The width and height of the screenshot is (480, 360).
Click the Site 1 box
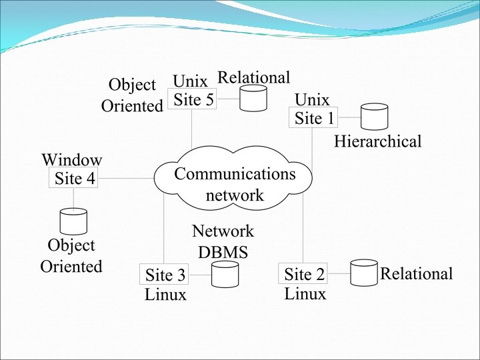pos(315,118)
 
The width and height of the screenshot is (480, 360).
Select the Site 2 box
pos(303,274)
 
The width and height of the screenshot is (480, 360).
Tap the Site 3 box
pos(165,275)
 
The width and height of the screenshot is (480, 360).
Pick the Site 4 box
pos(74,179)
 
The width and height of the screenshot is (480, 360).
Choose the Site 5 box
pos(193,100)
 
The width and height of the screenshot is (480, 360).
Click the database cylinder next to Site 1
pos(374,116)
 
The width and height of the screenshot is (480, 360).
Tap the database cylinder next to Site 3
pos(225,274)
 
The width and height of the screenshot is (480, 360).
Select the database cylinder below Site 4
pos(73,221)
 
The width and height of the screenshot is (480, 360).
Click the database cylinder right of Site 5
pos(253,98)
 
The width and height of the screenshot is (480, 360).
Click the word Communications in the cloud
pos(235,174)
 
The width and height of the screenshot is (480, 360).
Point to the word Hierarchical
pos(377,141)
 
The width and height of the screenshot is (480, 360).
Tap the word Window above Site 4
pos(71,160)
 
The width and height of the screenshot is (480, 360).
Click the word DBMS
pos(223,253)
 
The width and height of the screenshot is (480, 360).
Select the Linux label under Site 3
pos(165,295)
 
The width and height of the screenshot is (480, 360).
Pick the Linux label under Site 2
pos(305,293)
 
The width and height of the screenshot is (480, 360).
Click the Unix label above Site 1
pos(312,100)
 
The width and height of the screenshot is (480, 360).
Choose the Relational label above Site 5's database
pos(254,77)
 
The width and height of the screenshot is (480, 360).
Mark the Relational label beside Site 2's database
pos(416,273)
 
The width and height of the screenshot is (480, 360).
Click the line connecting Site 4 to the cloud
pos(127,179)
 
